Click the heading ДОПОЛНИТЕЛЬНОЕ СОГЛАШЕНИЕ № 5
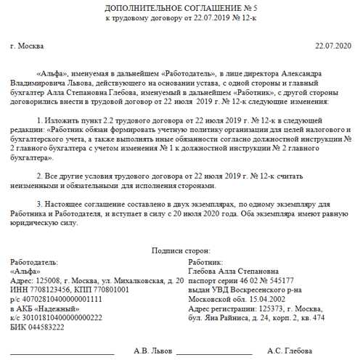(181, 7)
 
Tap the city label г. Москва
(28, 46)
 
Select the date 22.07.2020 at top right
(333, 46)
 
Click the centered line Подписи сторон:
(181, 250)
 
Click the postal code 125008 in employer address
(45, 280)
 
